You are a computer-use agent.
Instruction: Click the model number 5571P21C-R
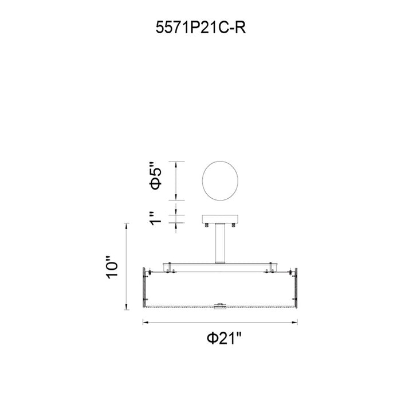coord(200,27)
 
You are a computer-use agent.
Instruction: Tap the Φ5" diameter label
coord(156,176)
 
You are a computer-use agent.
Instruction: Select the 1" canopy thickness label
coord(155,219)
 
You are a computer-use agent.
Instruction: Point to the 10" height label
coord(112,268)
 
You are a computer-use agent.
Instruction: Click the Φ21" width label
coord(224,339)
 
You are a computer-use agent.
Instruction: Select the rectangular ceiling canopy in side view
coord(220,219)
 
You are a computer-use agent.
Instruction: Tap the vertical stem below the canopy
coord(220,243)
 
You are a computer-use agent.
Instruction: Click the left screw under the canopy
coord(207,225)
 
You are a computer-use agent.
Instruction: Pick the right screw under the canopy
coord(233,225)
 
